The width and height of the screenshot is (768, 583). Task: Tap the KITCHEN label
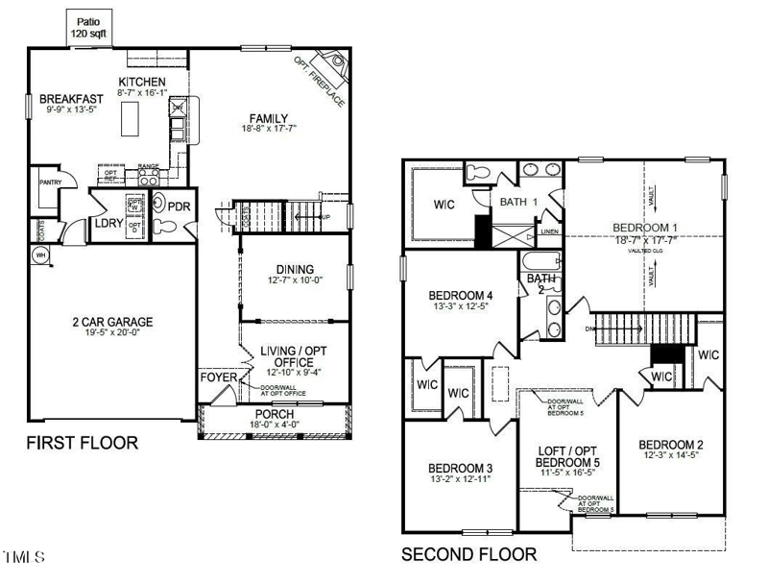[141, 82]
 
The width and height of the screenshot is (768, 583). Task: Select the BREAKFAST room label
[71, 99]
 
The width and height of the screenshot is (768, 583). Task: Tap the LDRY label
[107, 224]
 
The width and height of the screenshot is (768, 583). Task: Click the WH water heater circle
[40, 255]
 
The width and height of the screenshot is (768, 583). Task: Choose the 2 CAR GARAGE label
[112, 323]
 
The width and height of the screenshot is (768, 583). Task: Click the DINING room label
[292, 270]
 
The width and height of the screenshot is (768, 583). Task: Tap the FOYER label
[218, 377]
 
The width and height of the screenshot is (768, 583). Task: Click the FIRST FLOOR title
[82, 443]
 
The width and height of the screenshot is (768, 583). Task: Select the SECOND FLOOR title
[468, 554]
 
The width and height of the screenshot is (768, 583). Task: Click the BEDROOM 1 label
[644, 228]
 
